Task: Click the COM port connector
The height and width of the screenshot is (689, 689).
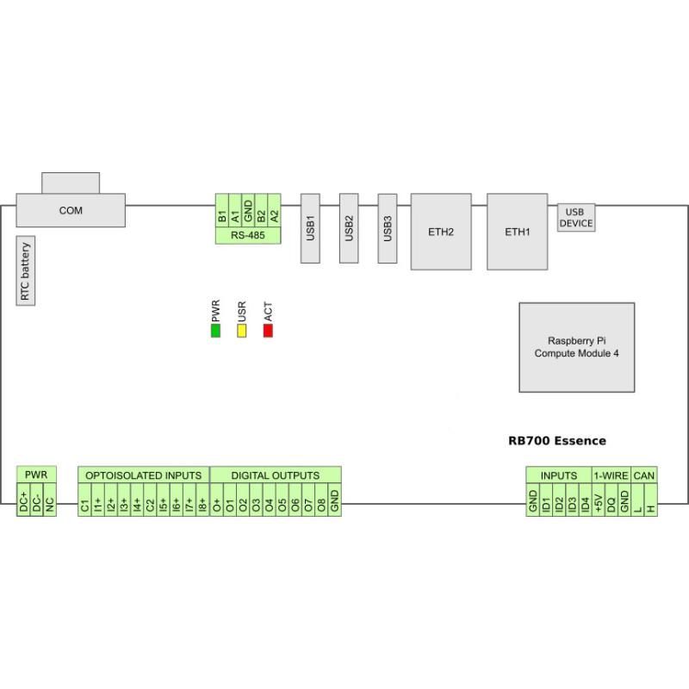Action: [71, 210]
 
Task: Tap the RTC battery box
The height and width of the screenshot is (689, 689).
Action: [25, 272]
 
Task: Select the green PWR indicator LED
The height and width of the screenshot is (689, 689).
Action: [215, 331]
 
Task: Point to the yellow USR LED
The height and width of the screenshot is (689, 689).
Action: [242, 331]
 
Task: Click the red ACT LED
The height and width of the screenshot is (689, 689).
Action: [268, 331]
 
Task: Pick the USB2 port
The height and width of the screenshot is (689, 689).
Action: [349, 227]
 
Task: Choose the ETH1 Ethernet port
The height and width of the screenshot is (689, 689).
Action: [518, 232]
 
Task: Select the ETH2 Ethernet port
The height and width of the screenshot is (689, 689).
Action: [441, 232]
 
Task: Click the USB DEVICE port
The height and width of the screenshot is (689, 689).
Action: [576, 217]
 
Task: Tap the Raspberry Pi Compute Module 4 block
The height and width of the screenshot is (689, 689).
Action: [576, 347]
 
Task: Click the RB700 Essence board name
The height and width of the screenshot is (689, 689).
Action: [556, 441]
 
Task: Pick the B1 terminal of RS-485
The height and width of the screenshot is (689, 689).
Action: [222, 212]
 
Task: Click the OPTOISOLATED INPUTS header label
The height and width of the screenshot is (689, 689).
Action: [143, 475]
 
